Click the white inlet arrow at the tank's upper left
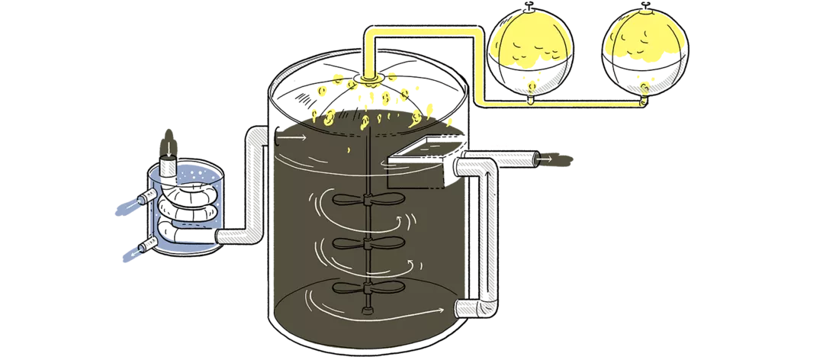point(294,138)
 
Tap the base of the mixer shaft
point(366,310)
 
